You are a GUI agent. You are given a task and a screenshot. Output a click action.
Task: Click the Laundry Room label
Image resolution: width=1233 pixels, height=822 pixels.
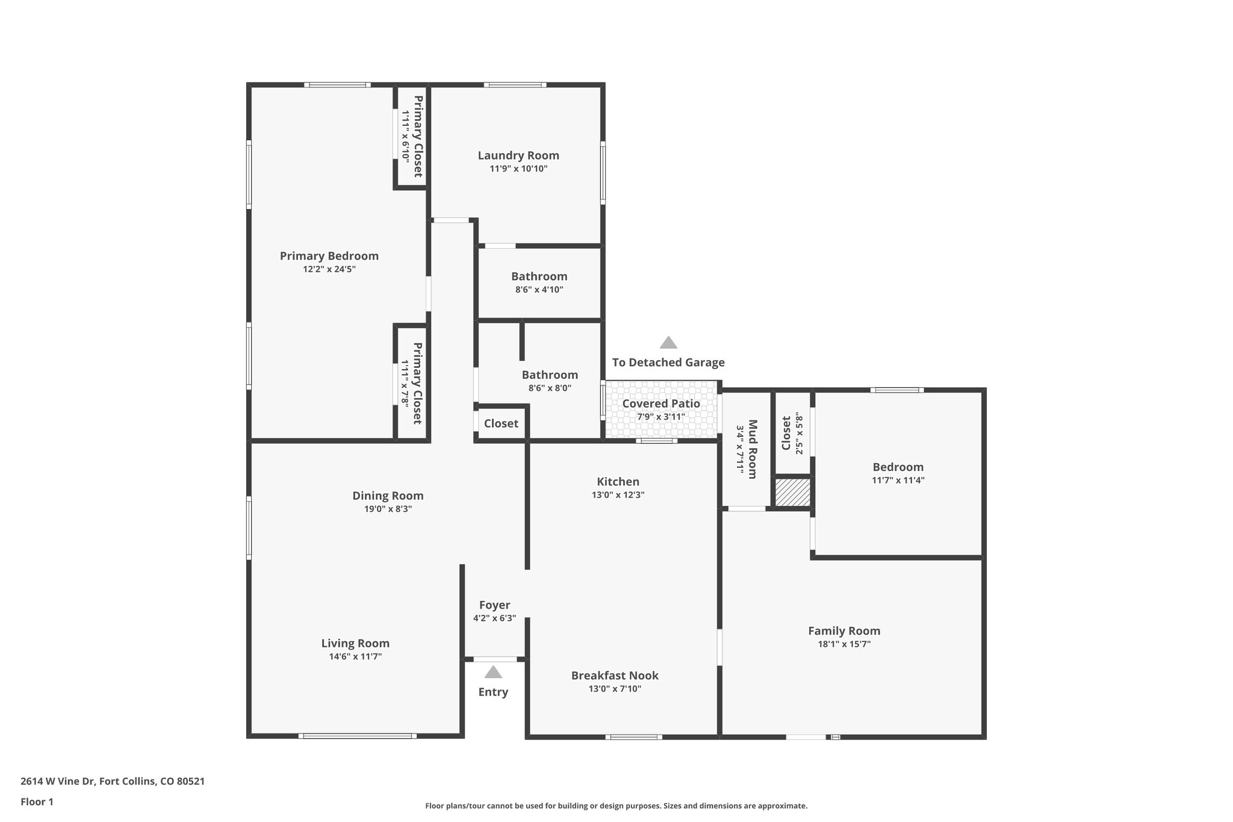coord(518,155)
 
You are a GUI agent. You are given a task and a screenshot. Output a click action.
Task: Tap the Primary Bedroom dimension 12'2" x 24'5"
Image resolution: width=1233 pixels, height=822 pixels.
coord(329,269)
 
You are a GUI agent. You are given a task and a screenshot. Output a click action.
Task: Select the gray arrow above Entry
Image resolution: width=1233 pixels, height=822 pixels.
coord(493,672)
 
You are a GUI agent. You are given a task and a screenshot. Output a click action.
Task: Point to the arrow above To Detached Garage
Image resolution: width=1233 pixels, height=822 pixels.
coord(668,343)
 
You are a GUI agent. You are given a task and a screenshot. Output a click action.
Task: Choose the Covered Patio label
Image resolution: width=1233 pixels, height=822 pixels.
coord(661,403)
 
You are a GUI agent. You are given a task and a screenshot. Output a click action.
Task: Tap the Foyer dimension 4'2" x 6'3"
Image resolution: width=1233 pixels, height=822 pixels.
coord(494,618)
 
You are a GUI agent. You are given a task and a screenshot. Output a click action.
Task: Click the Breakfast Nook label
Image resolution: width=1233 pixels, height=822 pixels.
coord(615,676)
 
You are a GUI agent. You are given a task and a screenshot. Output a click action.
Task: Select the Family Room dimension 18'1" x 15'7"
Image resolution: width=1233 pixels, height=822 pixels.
coord(843,644)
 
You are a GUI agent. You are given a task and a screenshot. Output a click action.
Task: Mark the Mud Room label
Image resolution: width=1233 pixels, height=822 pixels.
coord(752,449)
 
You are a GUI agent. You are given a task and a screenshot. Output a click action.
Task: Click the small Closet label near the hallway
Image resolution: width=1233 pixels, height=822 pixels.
coord(501,423)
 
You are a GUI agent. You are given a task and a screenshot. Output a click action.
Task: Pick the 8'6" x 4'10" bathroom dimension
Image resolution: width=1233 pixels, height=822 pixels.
coord(539,290)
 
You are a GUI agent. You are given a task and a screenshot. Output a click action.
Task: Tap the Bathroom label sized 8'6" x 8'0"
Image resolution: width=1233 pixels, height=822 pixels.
coord(550,375)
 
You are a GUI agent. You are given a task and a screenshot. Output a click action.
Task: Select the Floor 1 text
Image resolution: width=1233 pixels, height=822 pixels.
coord(37,802)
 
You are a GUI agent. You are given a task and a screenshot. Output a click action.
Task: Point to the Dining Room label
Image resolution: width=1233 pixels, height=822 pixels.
coord(388,496)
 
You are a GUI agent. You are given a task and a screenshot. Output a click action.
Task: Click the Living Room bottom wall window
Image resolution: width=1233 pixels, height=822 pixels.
coord(357,736)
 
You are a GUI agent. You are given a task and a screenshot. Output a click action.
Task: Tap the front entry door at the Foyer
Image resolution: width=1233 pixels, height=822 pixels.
coord(494,659)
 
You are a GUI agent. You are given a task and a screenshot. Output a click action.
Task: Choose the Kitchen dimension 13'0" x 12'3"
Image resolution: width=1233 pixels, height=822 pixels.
coord(618,495)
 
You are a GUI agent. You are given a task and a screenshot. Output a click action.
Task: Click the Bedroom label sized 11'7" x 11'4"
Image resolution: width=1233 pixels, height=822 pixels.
coord(898,467)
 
